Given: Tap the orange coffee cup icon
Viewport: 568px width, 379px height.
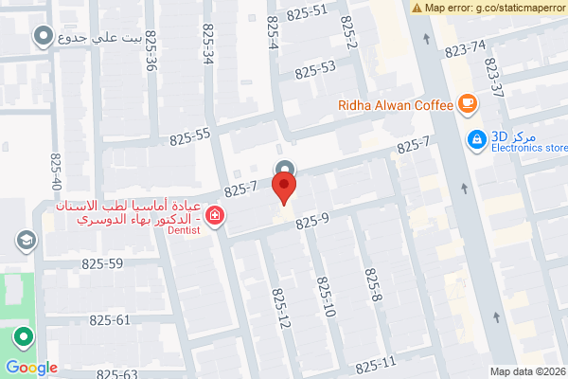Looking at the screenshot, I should click(466, 103).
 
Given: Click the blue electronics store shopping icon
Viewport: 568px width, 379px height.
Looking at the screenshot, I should click(477, 140).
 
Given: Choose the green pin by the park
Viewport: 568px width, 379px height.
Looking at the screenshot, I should click(21, 336).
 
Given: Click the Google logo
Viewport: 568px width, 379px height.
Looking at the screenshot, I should click(31, 368).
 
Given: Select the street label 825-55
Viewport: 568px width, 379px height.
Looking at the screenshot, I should click(190, 137).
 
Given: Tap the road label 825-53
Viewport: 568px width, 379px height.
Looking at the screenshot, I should click(315, 69).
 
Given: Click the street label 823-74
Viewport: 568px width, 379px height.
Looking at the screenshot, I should click(465, 48).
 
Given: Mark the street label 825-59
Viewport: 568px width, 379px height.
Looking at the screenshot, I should click(102, 264).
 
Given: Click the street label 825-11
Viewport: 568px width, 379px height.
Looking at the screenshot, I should click(376, 364).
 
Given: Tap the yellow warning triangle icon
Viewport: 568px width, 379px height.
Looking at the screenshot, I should click(417, 8).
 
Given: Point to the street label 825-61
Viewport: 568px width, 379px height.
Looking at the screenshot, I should click(109, 319).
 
